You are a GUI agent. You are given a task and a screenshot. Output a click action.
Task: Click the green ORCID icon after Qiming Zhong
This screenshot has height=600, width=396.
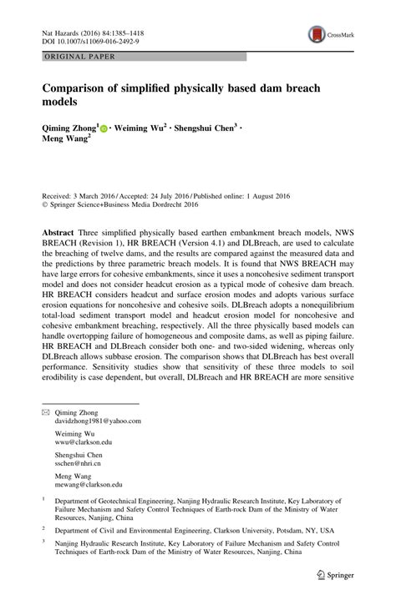pyautogui.click(x=104, y=129)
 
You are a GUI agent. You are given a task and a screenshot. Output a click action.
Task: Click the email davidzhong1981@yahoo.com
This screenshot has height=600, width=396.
pyautogui.click(x=97, y=422)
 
